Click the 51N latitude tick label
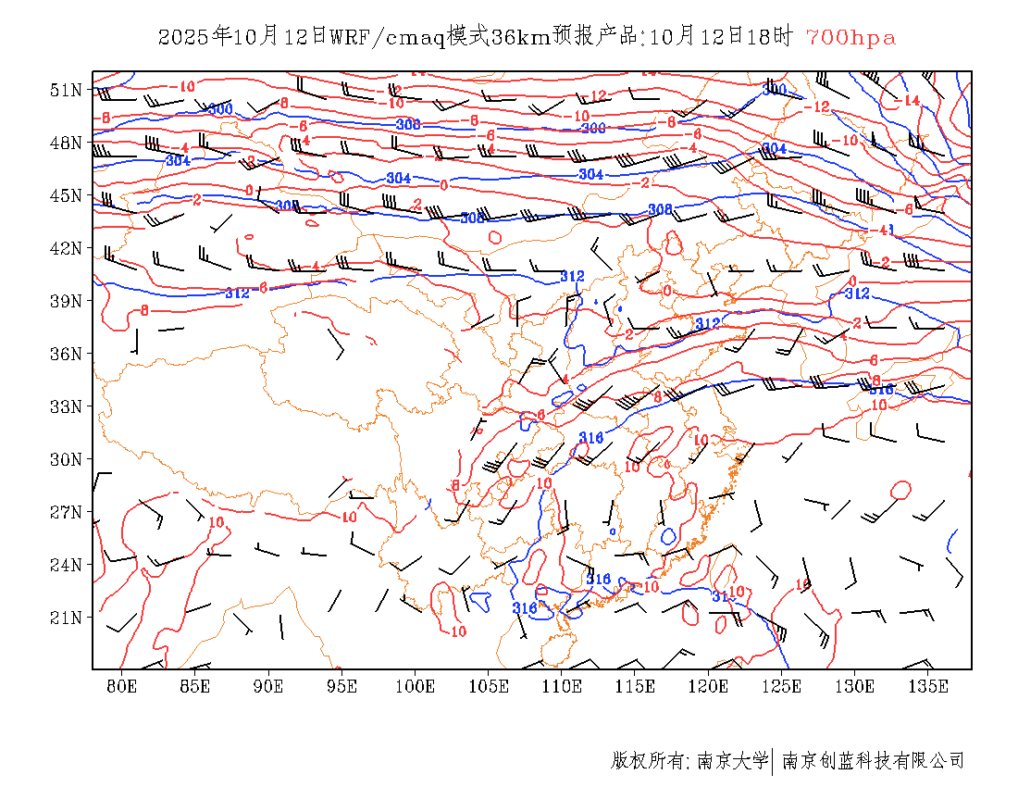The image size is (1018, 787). [x=66, y=90]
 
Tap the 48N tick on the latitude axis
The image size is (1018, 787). [x=66, y=143]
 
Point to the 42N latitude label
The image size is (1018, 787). [x=66, y=248]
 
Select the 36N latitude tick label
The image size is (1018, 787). [x=66, y=354]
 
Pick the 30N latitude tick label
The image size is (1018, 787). [x=66, y=459]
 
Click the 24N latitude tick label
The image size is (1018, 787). [x=66, y=565]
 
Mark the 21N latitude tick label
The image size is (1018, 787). [x=66, y=618]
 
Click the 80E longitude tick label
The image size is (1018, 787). [x=122, y=686]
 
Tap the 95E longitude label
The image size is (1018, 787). [x=342, y=686]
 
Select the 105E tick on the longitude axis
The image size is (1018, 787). [x=489, y=686]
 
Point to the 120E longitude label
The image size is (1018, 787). [x=709, y=686]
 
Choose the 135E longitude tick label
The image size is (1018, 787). [x=929, y=686]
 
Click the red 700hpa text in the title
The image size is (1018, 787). [x=850, y=38]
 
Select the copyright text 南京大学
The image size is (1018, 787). [x=731, y=761]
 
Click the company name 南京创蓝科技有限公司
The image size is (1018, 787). [x=874, y=761]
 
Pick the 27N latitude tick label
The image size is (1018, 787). [x=66, y=512]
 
